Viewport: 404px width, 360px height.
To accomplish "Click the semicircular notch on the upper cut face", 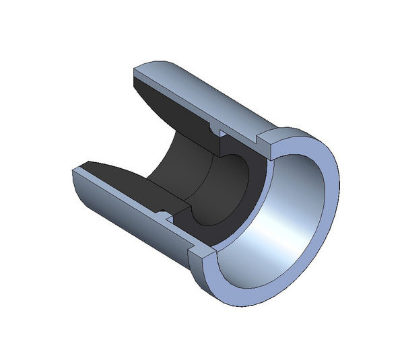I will (x=213, y=126).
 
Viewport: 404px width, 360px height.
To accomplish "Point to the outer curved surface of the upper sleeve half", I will (x=215, y=94).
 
